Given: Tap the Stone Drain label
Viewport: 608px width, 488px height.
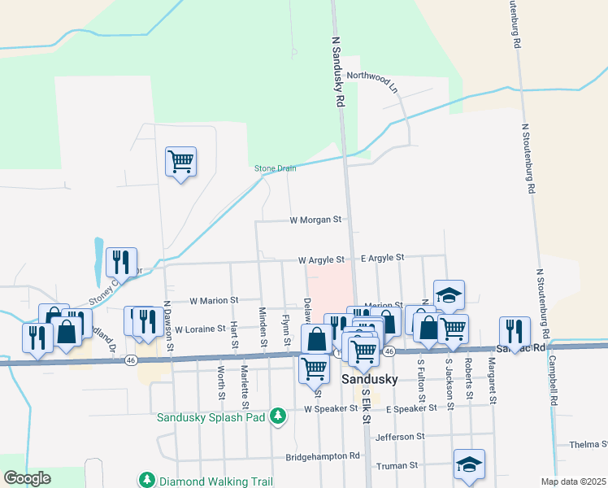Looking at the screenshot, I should point(275,168).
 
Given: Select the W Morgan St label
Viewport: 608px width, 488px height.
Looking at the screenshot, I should point(315,220).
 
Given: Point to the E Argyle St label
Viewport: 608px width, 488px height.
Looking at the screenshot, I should point(382,258).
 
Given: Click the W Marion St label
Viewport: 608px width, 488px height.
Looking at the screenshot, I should point(213,300).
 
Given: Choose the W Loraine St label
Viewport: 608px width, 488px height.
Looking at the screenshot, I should point(199,329).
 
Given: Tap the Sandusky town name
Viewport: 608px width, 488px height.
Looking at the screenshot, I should point(369,380).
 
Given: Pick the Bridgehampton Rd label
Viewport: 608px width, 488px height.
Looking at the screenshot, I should point(323,456).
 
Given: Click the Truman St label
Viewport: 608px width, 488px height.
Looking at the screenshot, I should point(397,466).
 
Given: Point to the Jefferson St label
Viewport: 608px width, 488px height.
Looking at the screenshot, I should point(399,437).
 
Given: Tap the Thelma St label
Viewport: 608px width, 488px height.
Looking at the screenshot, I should point(588,444).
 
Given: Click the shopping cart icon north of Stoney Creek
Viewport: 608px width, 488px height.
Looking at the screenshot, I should point(180,160).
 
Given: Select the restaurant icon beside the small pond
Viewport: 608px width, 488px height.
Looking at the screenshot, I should point(120,261).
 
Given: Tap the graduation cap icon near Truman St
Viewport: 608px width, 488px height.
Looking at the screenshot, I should point(470,464).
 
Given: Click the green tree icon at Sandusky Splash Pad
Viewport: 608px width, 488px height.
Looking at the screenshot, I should point(278,416).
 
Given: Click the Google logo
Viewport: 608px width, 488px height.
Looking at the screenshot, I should point(26,478).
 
